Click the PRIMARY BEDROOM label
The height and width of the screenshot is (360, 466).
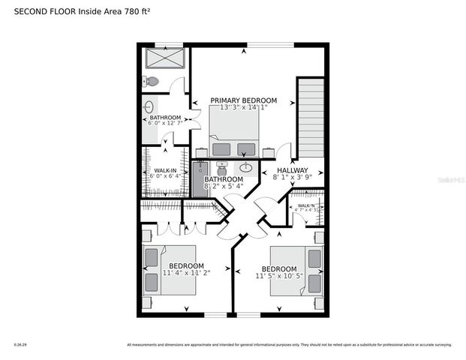click(x=243, y=100)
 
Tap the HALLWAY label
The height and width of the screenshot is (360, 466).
click(x=293, y=171)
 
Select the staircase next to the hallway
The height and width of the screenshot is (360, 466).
click(x=311, y=117)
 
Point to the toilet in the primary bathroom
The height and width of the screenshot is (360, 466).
click(x=152, y=81)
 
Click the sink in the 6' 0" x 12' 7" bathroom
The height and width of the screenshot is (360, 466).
click(x=149, y=106)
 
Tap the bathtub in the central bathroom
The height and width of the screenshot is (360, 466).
click(x=200, y=181)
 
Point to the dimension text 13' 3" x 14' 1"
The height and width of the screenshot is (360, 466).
click(x=243, y=108)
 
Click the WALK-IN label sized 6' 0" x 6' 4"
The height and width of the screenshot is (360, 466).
click(x=165, y=171)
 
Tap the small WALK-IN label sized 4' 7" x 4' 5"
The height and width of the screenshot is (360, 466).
click(x=306, y=205)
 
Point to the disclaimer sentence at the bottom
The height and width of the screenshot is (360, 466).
click(x=289, y=345)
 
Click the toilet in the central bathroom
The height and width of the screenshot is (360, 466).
click(x=221, y=165)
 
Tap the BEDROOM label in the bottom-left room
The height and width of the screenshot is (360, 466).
click(x=186, y=265)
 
